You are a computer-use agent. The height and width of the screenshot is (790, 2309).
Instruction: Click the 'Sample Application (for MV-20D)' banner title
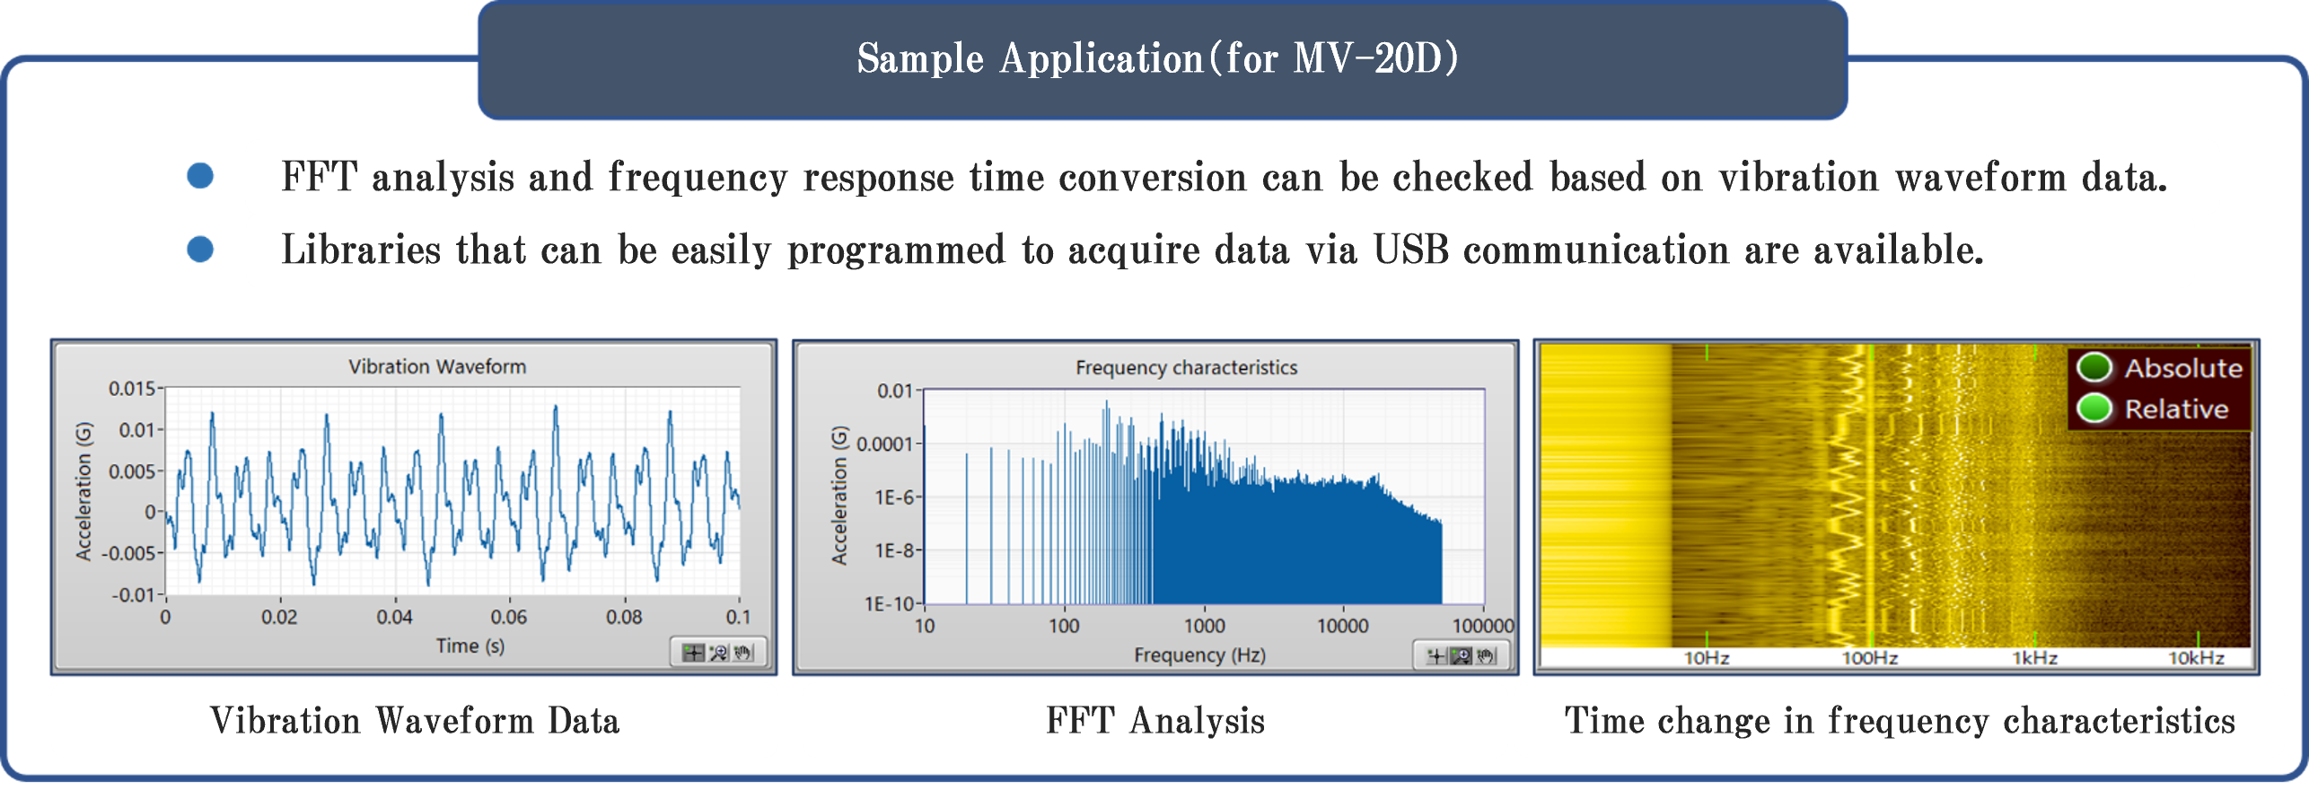pos(1157,58)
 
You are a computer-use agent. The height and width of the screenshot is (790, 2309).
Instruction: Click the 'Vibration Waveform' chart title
pos(437,366)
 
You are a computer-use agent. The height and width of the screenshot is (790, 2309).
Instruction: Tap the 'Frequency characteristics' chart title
pos(1186,367)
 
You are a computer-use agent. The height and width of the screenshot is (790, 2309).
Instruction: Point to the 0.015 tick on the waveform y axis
pos(133,389)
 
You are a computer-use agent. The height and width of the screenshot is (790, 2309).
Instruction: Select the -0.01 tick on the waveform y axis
pos(133,594)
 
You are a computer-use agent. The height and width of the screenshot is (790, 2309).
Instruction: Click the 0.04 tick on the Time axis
pos(394,617)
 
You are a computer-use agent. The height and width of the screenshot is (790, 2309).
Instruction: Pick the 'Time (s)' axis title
pos(470,645)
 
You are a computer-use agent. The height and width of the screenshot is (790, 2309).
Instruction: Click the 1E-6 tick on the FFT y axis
pos(894,497)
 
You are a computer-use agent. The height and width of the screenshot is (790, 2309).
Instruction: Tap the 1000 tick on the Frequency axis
pos(1204,626)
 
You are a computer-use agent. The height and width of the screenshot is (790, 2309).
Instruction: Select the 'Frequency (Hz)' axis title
pos(1199,655)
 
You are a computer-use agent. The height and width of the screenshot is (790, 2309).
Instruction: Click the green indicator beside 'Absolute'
pos(2094,367)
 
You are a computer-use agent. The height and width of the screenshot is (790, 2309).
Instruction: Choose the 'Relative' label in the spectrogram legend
pos(2176,409)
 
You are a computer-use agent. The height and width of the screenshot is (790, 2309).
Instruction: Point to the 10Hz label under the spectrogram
pos(1706,658)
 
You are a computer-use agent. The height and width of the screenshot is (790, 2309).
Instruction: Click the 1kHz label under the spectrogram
pos(2034,658)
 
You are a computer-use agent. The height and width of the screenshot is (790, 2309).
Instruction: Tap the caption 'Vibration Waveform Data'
pos(415,721)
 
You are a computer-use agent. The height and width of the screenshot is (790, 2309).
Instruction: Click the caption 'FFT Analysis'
pos(1155,721)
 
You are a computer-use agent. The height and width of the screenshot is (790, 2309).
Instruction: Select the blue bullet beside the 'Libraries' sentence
pos(200,249)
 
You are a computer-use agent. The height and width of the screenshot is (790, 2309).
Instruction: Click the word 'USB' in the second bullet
pos(1411,249)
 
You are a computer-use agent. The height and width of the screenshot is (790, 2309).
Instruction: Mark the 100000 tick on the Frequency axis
pos(1483,626)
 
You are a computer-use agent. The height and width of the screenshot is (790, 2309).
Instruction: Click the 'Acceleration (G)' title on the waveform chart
pos(83,491)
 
